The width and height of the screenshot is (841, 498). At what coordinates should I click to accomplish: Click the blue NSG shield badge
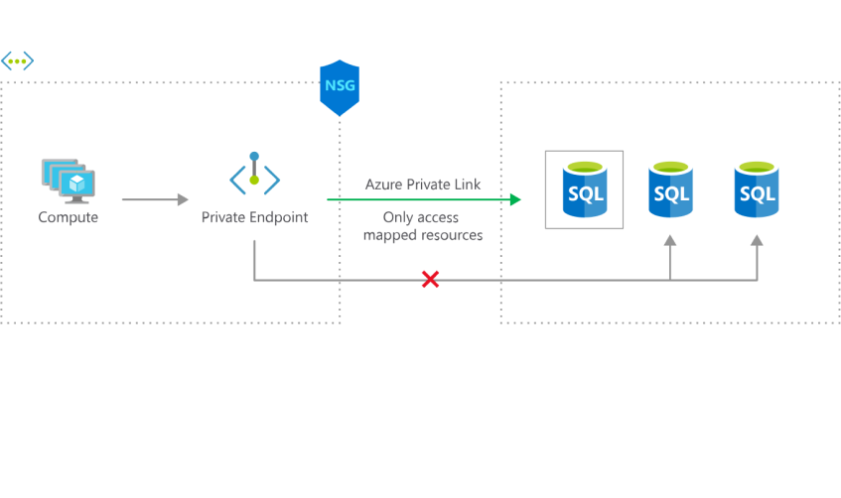(339, 88)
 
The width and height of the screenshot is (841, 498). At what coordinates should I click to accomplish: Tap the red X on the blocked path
(429, 280)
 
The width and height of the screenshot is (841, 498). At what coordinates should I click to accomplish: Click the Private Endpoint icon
(255, 178)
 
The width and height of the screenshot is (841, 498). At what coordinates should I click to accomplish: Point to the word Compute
(69, 216)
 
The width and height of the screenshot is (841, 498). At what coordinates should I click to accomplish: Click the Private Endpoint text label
(254, 217)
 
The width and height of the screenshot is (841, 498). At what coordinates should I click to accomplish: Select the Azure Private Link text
(423, 185)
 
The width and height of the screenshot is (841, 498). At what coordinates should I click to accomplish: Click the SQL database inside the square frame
(584, 188)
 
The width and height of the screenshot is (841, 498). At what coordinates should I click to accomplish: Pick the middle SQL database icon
(669, 188)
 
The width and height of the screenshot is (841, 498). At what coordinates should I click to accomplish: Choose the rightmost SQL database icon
(756, 188)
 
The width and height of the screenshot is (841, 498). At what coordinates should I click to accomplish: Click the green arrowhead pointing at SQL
(515, 200)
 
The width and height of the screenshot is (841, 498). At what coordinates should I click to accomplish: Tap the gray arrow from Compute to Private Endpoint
(154, 199)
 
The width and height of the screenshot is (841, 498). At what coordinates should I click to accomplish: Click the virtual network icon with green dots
(17, 62)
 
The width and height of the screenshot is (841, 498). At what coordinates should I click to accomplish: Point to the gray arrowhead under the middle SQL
(670, 240)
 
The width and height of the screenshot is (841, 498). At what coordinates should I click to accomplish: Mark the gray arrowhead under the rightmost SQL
(756, 240)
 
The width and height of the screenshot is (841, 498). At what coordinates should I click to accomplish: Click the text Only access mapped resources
(423, 226)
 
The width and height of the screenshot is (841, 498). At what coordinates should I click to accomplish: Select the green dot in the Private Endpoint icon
(254, 180)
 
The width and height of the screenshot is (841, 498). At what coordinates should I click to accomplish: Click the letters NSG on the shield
(339, 86)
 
